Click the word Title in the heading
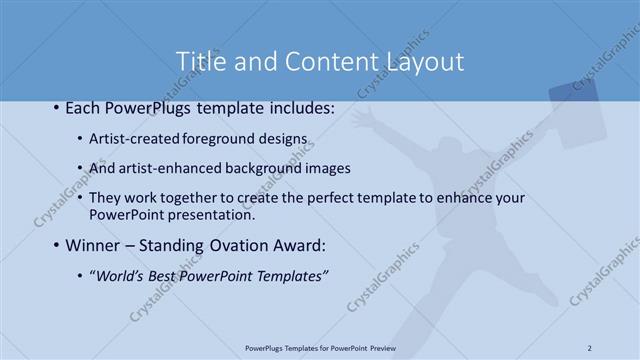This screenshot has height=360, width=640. click(200, 61)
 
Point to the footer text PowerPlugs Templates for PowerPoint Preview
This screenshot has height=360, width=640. click(320, 347)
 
